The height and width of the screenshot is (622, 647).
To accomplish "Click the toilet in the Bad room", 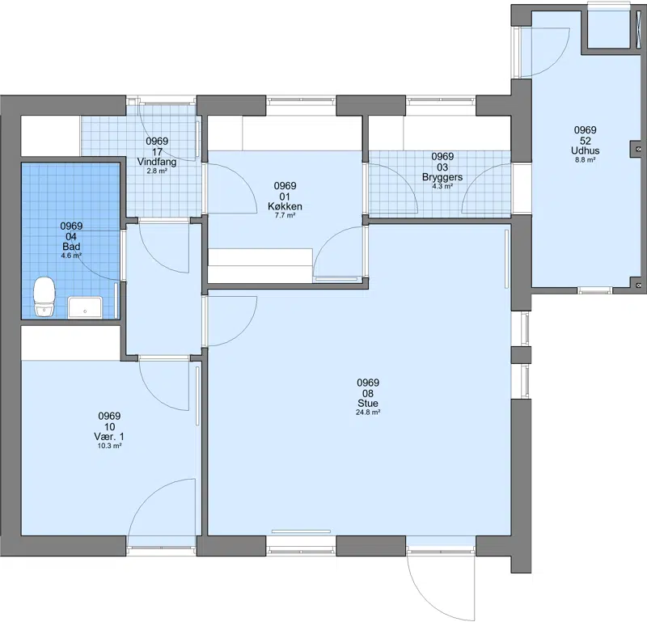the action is [44, 296].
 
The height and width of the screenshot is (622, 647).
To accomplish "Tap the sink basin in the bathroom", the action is [86, 307].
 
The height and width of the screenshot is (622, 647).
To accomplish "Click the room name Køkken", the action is [285, 206].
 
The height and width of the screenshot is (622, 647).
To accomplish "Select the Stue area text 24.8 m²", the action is [368, 413].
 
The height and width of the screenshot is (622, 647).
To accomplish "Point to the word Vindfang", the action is [157, 162].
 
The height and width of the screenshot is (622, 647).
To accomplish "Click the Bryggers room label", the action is [442, 177].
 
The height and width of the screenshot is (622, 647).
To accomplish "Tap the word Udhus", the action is [585, 150].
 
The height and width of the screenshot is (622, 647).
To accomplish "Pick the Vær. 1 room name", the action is [109, 437].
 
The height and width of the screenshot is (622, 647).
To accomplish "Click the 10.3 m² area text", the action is [109, 446].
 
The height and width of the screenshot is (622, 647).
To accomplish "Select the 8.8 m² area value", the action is [585, 159].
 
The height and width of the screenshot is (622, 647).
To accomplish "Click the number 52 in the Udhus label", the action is [585, 141].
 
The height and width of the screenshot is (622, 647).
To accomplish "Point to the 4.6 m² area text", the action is [71, 256].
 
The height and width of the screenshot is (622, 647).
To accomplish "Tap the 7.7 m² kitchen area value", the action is [285, 215].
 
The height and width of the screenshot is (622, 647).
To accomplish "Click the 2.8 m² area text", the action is [157, 171].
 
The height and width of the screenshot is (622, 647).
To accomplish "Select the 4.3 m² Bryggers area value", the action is [442, 186].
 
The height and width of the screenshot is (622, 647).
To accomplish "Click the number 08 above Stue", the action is [368, 393].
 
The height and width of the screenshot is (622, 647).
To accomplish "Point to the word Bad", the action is [71, 247].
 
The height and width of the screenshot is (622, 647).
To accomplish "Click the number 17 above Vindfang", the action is [157, 152].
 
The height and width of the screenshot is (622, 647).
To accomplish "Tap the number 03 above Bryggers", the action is [442, 167].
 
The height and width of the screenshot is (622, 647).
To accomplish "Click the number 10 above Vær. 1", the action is [109, 427].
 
